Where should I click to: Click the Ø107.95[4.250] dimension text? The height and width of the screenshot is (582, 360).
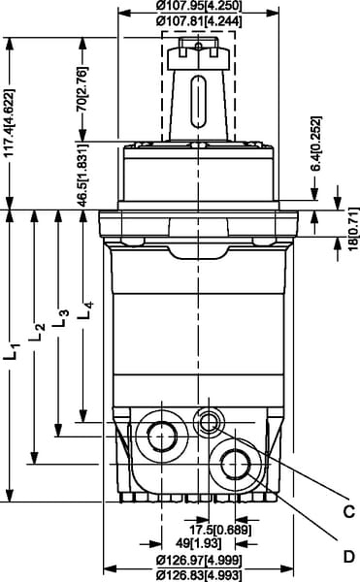[x=199, y=6]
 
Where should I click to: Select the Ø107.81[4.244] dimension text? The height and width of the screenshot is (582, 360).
[x=199, y=21]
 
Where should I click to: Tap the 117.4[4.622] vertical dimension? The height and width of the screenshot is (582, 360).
[x=11, y=123]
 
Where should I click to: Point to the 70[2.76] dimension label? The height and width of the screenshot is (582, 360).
[x=82, y=88]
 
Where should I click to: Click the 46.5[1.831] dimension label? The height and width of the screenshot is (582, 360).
[x=82, y=175]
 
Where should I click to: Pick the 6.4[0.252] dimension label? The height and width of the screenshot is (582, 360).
[x=315, y=144]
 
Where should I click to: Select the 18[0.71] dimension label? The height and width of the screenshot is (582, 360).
[x=354, y=229]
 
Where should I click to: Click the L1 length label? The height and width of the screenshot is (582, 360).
[x=12, y=351]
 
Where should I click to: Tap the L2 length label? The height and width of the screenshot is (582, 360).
[x=37, y=332]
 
